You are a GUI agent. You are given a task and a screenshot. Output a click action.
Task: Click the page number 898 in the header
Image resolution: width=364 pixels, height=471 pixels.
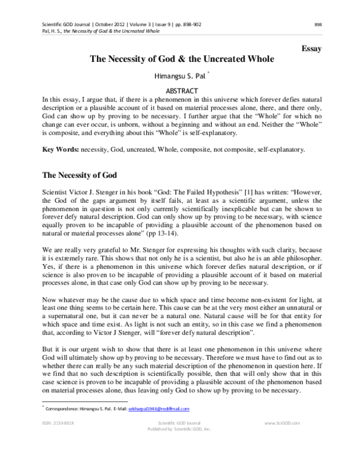coord(318,24)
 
